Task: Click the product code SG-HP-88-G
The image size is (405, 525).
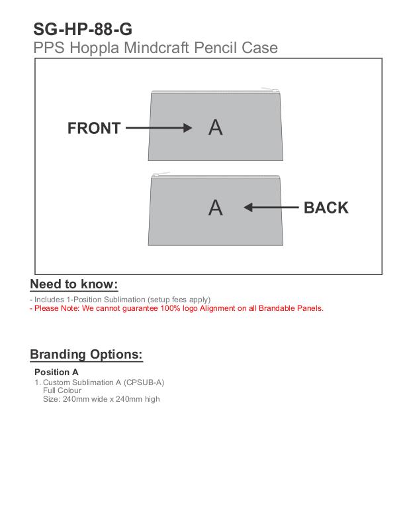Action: coord(82,29)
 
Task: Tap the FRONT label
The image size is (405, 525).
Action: coord(94,129)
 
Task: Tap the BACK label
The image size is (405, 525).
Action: coord(326,207)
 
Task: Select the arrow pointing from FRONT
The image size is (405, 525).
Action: coord(159,129)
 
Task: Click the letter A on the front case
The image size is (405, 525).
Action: coord(215,127)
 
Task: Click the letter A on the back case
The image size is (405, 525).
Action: coord(215,207)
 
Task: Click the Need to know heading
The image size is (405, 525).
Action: coord(74,284)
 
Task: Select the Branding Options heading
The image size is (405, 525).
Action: coord(86,354)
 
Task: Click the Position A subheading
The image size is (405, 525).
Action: coord(56,372)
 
